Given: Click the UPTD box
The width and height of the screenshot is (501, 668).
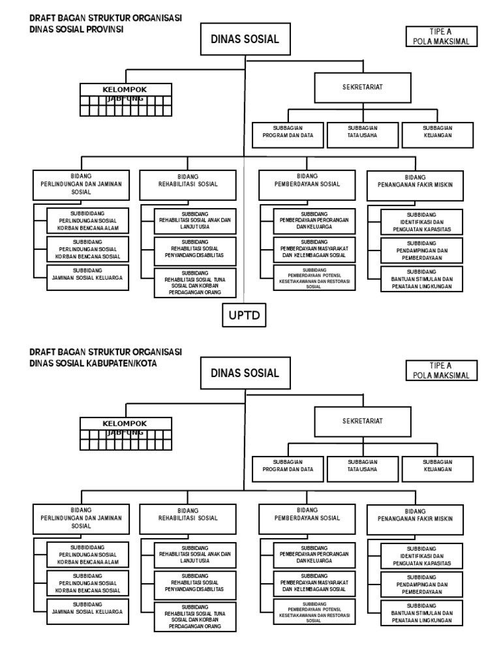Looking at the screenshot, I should [x=245, y=316].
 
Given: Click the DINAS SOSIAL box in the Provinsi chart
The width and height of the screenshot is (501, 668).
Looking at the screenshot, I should [x=245, y=39].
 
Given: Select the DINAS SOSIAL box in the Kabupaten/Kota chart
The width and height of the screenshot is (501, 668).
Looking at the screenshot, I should [x=245, y=373].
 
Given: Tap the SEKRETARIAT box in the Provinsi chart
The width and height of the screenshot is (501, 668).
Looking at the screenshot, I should [x=362, y=87].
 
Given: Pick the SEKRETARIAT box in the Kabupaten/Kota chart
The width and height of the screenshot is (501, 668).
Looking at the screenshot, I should [x=362, y=421].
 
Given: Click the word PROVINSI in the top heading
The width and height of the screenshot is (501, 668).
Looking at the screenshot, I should [x=106, y=29].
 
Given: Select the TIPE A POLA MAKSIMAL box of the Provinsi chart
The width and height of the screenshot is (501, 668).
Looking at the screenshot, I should [x=441, y=37].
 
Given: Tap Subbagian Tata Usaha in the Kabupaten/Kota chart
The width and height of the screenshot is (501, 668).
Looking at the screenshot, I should [x=362, y=469].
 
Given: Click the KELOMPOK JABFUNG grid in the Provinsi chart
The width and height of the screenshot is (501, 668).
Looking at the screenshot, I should [x=126, y=99].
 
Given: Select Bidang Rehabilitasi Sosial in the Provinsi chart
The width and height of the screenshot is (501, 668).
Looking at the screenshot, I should [x=188, y=185].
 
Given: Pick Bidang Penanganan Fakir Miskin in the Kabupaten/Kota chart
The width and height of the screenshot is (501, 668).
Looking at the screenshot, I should [x=415, y=519].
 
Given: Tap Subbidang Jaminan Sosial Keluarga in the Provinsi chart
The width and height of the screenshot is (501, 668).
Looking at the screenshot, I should [x=88, y=278].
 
